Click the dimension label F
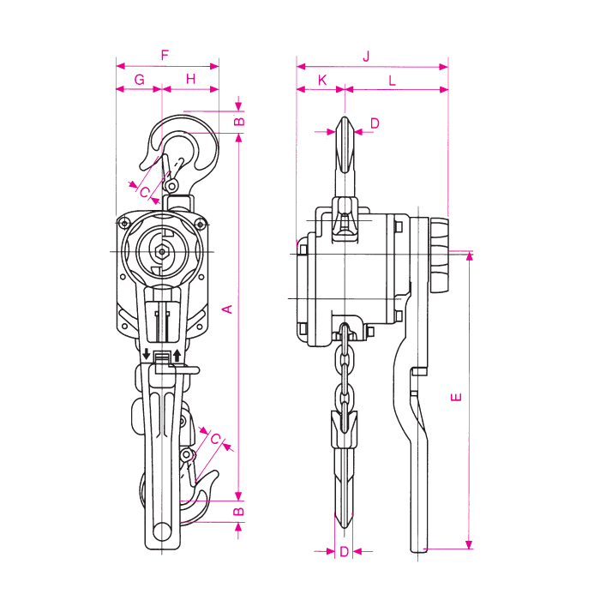[x=165, y=55]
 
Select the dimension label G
[x=140, y=80]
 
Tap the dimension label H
[x=190, y=79]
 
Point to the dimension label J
[x=367, y=57]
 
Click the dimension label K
[x=322, y=81]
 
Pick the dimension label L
[x=392, y=81]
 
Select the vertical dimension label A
[x=228, y=309]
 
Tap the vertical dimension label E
[x=456, y=397]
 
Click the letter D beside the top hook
[x=375, y=123]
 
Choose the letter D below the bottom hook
[x=344, y=551]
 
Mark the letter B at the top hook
[x=239, y=122]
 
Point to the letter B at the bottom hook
[x=238, y=511]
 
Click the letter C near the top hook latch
[x=145, y=192]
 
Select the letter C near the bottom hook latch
[x=215, y=439]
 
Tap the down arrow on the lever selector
[x=147, y=354]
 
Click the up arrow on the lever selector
[x=177, y=355]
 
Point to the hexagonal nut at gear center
[x=162, y=252]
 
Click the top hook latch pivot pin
[x=171, y=186]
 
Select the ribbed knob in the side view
[x=439, y=255]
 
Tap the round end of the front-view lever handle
[x=162, y=532]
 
